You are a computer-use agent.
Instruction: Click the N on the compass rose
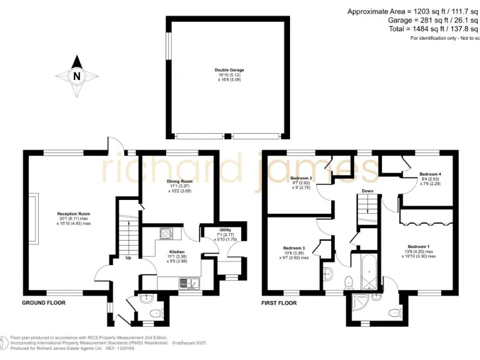click(77, 77)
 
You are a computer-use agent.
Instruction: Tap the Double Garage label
click(229, 70)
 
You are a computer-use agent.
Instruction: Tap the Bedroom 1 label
click(419, 246)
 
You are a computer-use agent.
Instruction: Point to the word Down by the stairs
click(367, 191)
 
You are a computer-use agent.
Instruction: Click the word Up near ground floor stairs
click(129, 257)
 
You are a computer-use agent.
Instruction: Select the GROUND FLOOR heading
click(44, 302)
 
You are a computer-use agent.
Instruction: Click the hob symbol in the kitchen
click(167, 234)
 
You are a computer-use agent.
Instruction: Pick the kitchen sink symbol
click(187, 284)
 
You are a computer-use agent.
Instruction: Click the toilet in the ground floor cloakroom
click(146, 297)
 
